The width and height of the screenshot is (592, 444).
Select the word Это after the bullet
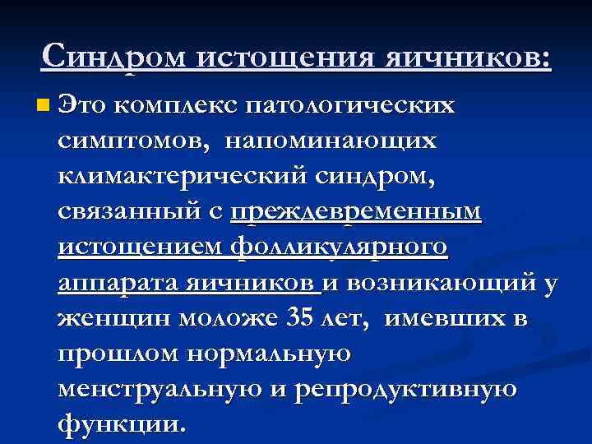tap(83, 105)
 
